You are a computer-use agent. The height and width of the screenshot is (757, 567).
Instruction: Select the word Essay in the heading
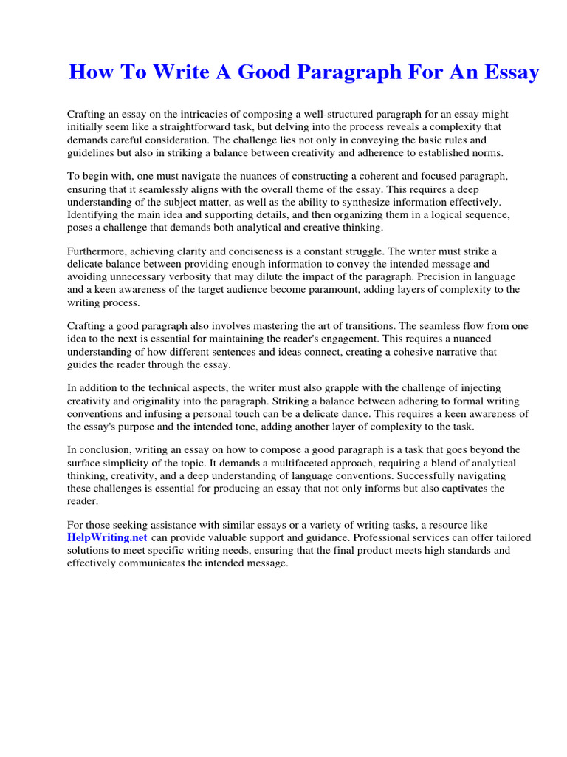[x=509, y=73]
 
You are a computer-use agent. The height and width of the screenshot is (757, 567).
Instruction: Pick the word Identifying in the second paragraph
[x=93, y=214]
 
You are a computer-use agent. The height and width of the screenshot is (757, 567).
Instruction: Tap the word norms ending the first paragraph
[x=487, y=152]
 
